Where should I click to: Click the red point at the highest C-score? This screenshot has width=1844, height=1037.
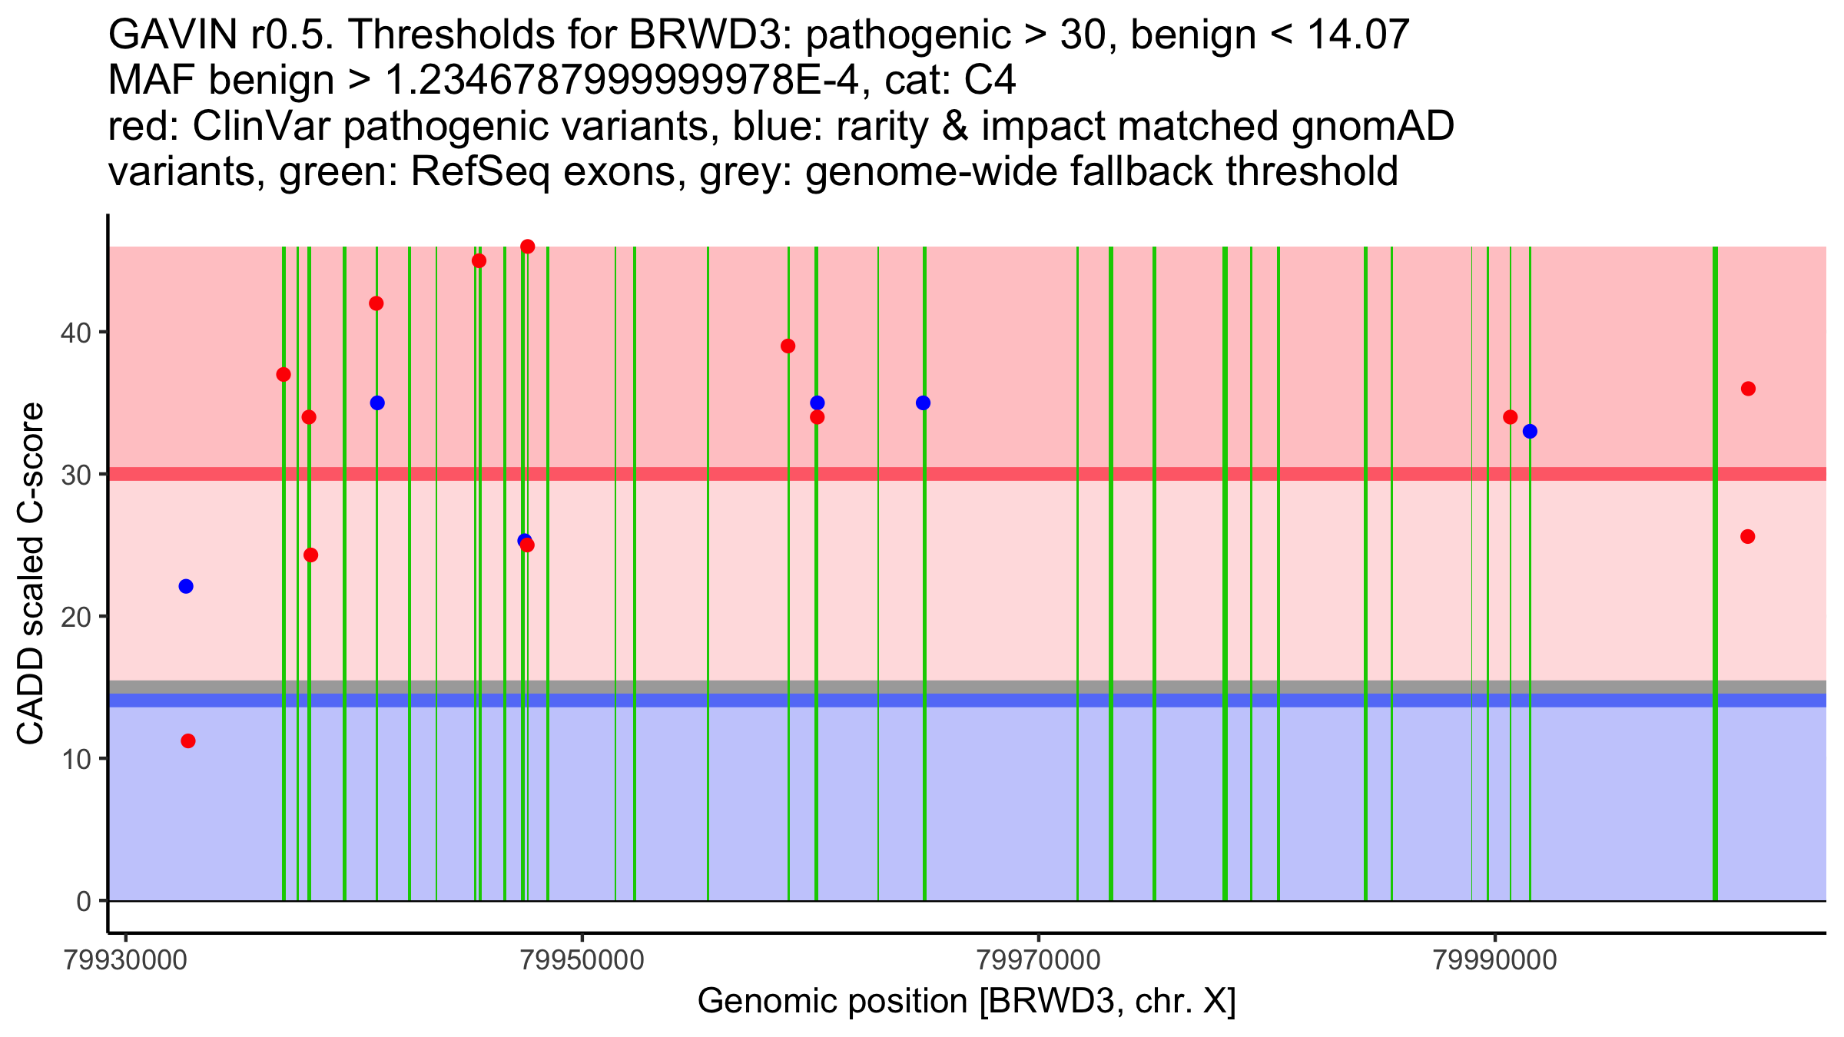point(527,247)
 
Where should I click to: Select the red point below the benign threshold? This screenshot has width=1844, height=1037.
point(188,741)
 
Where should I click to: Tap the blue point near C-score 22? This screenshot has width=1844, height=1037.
point(186,586)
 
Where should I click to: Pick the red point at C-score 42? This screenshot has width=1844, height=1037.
point(376,303)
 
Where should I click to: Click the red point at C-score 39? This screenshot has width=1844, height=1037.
point(788,346)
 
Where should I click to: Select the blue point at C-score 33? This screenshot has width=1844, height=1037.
point(1530,432)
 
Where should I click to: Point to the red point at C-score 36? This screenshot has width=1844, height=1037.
point(1748,389)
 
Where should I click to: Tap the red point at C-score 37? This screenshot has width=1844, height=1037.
point(284,375)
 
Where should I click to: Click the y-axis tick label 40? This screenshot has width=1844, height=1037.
point(76,333)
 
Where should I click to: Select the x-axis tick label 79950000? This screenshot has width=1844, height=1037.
point(582,961)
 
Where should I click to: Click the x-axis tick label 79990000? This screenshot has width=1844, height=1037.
point(1495,961)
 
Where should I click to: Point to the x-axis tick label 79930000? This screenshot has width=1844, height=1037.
point(126,961)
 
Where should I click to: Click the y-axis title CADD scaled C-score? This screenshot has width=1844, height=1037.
point(31,574)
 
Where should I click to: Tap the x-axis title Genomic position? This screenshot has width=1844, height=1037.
point(967,1002)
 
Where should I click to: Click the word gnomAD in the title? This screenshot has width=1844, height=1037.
point(1372,127)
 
